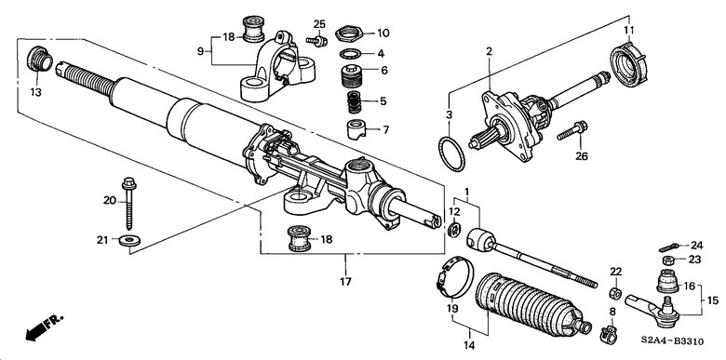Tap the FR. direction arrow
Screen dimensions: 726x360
tap(44, 327)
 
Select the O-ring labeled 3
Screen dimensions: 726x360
tap(451, 153)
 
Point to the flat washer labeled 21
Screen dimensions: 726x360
tap(130, 241)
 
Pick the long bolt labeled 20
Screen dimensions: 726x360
tap(128, 203)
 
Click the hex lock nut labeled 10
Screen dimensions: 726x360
tap(351, 33)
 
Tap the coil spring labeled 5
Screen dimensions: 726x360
tap(355, 101)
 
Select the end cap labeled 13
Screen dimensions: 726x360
tap(40, 60)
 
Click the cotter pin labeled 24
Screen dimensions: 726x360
tap(669, 248)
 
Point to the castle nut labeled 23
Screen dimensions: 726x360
tap(667, 260)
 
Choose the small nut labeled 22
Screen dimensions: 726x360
tap(615, 293)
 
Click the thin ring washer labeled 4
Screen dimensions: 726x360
tap(352, 54)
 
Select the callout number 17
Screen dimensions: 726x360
tap(345, 281)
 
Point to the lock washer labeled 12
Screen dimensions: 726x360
tap(455, 228)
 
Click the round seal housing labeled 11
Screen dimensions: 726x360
tap(628, 64)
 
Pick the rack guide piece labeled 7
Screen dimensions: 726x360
tap(356, 128)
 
